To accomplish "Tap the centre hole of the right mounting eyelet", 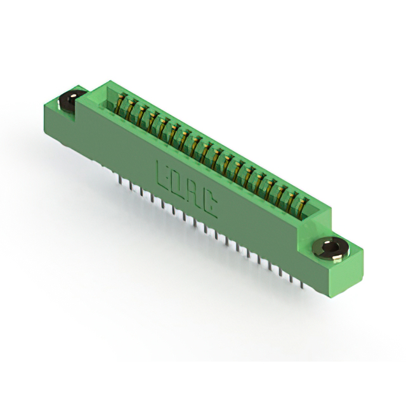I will (331, 247).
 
